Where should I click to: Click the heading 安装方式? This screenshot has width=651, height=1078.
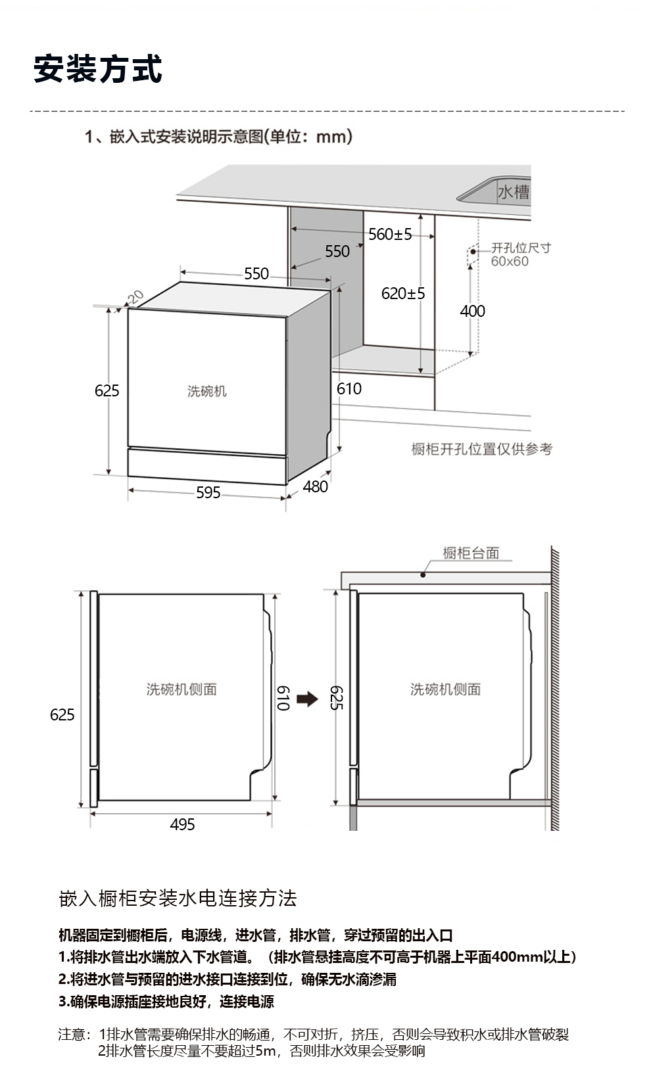point(98,69)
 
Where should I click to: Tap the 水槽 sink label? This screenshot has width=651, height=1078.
point(514,192)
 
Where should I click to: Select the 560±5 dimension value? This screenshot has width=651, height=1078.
point(390,235)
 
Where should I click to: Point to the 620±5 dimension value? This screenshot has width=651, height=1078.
point(403,293)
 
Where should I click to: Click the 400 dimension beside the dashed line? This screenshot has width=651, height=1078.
point(472,311)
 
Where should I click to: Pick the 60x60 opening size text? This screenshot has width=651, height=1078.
point(510,262)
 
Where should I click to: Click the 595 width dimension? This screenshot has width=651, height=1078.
point(208,492)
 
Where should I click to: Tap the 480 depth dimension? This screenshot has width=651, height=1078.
point(316,486)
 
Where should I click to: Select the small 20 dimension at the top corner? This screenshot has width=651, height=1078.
point(135,297)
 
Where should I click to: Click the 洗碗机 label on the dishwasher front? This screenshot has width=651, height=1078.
point(207,391)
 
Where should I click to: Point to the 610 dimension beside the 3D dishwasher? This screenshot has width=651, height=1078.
point(349,388)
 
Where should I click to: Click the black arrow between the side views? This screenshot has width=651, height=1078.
point(307,699)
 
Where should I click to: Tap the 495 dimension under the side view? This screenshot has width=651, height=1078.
point(183,824)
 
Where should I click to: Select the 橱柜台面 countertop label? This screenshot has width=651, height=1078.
point(471,553)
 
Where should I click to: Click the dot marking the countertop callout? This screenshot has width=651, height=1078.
point(423,574)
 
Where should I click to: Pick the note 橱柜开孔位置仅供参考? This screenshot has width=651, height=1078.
point(481,449)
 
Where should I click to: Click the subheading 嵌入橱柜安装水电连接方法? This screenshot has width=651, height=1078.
point(178,899)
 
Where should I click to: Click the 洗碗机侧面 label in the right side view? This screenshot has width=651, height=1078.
point(445,689)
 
